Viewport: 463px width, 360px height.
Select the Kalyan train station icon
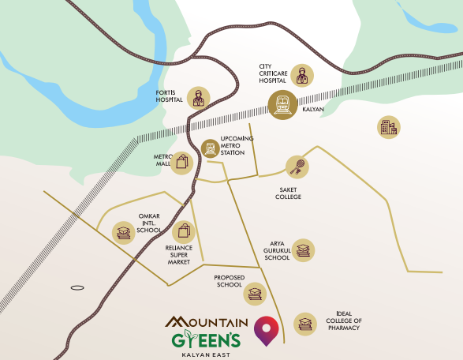point(282,105)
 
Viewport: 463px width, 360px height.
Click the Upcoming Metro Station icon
point(210,148)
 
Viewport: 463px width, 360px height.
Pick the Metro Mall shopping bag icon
point(182,163)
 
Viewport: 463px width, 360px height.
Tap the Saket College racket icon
point(297,167)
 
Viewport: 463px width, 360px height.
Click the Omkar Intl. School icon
point(123,231)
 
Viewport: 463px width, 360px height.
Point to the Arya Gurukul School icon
point(304,249)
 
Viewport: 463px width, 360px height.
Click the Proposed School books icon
point(254,294)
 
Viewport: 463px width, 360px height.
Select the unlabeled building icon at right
point(388,127)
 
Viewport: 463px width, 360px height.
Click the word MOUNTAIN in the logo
point(207,321)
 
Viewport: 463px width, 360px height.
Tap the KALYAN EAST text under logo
point(206,354)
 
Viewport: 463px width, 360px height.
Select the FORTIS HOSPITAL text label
point(169,96)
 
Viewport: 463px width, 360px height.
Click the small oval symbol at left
point(77,288)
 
